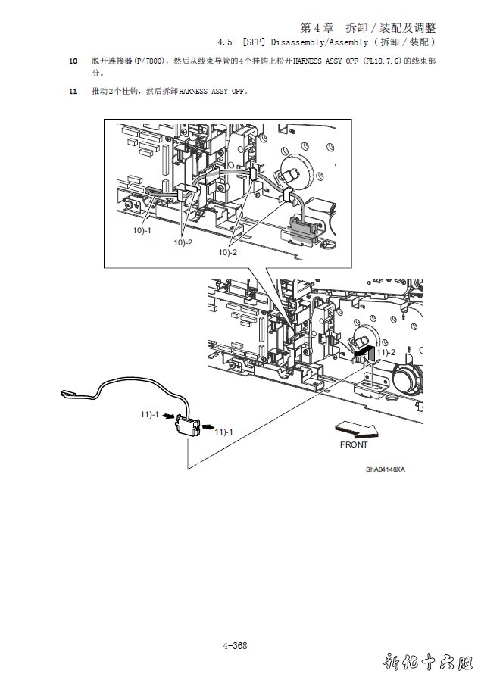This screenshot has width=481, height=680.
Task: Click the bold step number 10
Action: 73,60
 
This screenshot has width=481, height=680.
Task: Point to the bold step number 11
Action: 73,92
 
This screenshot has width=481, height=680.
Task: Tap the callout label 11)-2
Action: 388,352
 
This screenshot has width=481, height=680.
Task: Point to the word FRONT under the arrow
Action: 354,444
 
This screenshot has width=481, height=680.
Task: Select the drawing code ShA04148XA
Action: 386,469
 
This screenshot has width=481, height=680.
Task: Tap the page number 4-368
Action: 236,645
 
